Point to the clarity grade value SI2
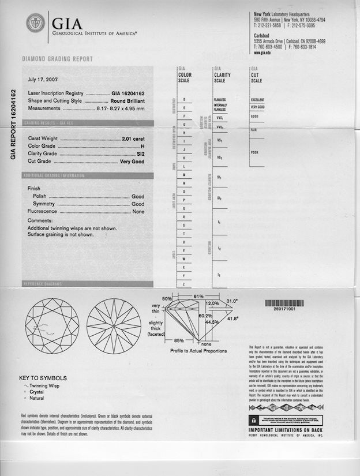click(x=140, y=154)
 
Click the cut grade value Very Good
click(x=131, y=162)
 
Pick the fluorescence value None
click(x=138, y=212)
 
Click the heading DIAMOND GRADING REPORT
click(x=57, y=59)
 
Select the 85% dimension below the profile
click(x=179, y=340)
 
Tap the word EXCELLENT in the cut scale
click(x=257, y=100)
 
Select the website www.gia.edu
click(x=262, y=53)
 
